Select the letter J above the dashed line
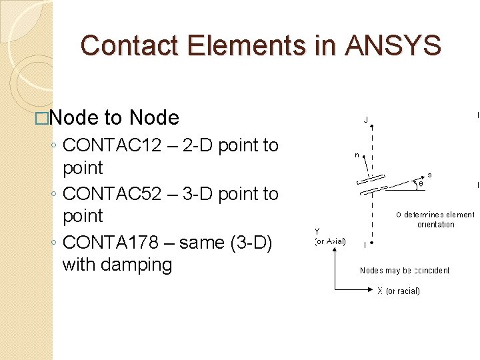point(365,121)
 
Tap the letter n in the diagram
point(357,155)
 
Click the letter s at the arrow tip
point(429,175)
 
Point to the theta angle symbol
point(421,184)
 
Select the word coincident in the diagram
point(431,271)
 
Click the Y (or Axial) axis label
point(329,237)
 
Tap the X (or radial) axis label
point(399,291)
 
